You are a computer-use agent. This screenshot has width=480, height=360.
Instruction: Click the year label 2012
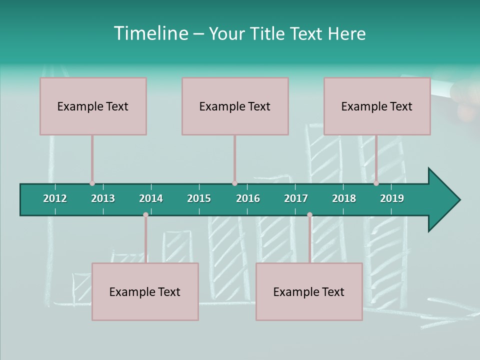[55, 198]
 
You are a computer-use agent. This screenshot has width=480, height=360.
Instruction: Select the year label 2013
[103, 198]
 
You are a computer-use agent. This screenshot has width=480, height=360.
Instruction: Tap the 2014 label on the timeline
[151, 198]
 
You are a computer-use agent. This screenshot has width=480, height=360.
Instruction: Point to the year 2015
[199, 198]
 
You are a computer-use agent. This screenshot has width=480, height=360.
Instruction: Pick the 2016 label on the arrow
[248, 198]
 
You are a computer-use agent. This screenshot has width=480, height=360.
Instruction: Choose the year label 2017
[296, 198]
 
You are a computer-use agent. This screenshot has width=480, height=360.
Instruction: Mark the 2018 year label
[344, 198]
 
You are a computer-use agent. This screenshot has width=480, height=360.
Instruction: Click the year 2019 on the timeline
[392, 198]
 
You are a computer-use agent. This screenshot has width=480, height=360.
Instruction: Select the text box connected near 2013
[93, 106]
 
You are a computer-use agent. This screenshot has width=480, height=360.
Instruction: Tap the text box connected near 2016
[235, 106]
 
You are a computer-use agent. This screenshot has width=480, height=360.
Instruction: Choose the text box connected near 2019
[377, 106]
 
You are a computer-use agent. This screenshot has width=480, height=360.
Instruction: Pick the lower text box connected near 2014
[145, 291]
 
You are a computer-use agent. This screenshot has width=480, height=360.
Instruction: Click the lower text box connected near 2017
[309, 291]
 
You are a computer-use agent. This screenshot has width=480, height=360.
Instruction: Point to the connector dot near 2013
[92, 183]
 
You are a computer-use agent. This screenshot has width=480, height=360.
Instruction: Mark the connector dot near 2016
[234, 183]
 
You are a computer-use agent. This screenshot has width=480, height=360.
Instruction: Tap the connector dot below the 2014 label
[145, 215]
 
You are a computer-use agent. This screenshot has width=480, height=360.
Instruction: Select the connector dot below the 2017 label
[309, 215]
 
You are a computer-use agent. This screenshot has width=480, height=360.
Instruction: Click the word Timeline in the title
[149, 33]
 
